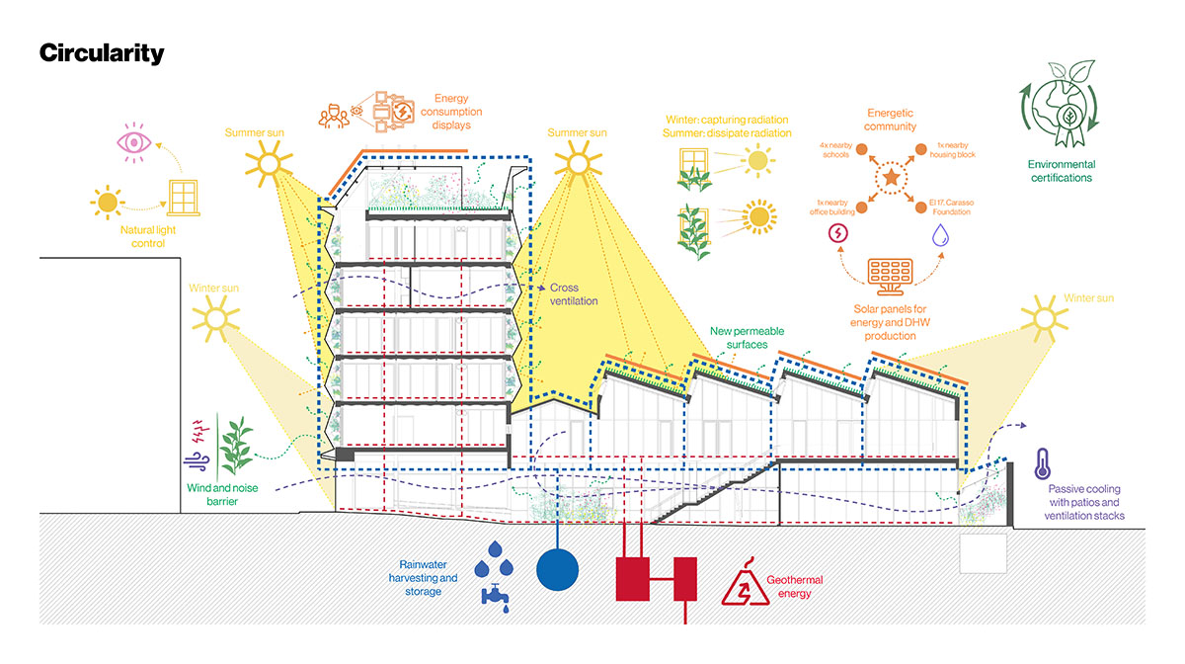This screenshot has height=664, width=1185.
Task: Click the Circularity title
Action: tap(102, 53)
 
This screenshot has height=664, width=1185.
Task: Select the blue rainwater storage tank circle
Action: tap(560, 568)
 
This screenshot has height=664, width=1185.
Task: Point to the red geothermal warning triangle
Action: tap(747, 584)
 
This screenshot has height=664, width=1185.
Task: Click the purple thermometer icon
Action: tap(1041, 462)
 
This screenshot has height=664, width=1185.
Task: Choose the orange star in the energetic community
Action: tap(891, 179)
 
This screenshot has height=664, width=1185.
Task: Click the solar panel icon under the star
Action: tap(890, 274)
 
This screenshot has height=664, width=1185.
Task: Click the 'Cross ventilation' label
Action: tap(574, 294)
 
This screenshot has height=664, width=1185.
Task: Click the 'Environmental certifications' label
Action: tap(1060, 171)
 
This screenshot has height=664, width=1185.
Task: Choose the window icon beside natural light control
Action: tap(184, 197)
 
